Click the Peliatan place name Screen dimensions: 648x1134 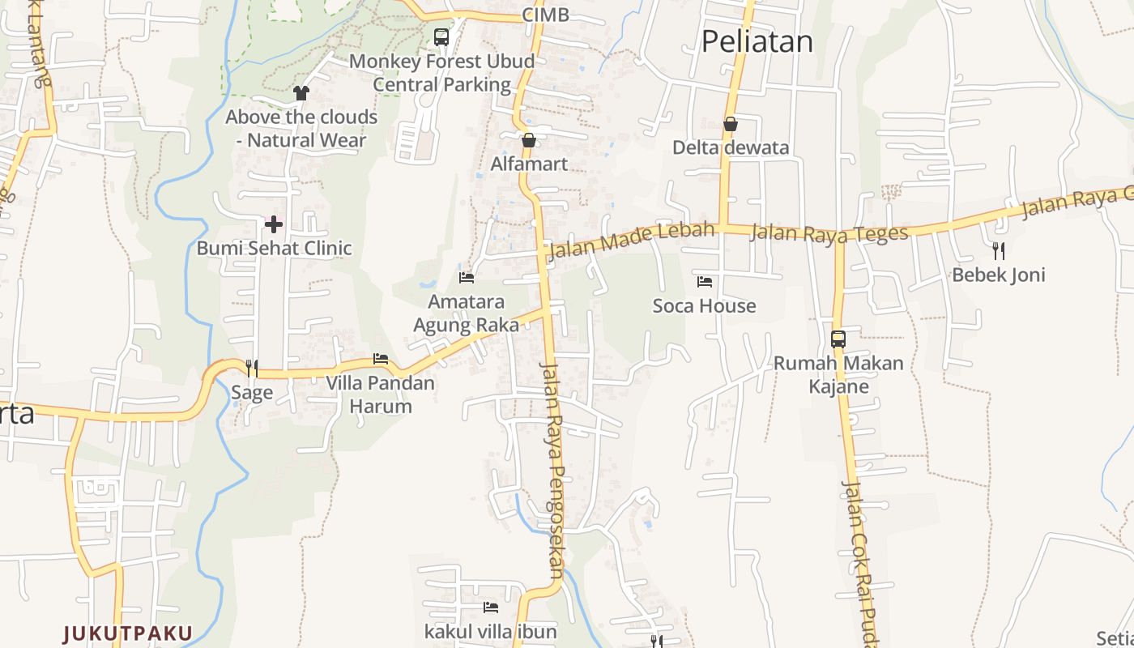[757, 41]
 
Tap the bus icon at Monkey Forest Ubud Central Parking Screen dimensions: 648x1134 [441, 36]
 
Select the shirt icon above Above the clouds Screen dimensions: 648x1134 [301, 92]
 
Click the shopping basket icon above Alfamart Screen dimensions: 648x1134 [529, 140]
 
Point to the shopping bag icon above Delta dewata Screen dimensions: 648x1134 [730, 124]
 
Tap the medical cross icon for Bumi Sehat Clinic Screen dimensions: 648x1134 [274, 224]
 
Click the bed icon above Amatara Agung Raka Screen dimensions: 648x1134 [467, 278]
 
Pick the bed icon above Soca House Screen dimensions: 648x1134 [705, 282]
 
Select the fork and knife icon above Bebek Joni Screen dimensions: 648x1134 [998, 250]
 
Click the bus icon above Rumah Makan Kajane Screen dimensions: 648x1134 [838, 339]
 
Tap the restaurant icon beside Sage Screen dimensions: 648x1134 [252, 369]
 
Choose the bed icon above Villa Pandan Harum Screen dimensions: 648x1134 [381, 359]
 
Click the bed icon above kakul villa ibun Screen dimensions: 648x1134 [490, 607]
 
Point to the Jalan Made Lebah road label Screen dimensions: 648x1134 [632, 241]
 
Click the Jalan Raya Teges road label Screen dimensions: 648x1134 [829, 234]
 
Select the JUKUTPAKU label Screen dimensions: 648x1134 [128, 633]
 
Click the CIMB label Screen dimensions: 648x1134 [545, 15]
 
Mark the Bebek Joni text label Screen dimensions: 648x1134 [998, 275]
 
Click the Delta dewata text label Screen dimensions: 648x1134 [731, 147]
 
